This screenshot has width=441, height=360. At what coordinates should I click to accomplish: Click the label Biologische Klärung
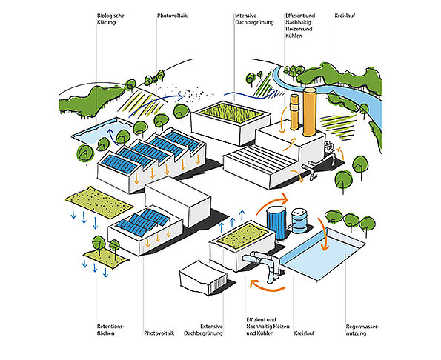[110, 19]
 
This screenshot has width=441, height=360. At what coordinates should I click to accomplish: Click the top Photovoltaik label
[172, 16]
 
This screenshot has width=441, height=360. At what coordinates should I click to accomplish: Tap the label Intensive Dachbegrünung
[254, 19]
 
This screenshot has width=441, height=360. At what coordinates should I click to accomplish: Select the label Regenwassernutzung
[362, 330]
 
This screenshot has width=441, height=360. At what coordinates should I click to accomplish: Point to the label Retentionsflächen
[110, 330]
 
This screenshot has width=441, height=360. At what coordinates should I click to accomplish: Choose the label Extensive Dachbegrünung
[203, 330]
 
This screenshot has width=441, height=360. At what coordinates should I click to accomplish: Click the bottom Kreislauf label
[304, 333]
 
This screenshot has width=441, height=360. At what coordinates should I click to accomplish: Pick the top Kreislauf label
[345, 16]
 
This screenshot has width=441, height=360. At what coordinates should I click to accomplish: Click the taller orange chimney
[310, 112]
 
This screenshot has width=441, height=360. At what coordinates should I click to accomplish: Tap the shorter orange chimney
[294, 112]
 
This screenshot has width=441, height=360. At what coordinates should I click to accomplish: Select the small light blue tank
[299, 221]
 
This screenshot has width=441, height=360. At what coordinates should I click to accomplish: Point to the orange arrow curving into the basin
[323, 234]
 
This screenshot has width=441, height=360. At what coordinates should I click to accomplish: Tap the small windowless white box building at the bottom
[203, 278]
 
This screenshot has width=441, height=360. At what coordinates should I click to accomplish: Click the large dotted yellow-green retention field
[99, 202]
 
